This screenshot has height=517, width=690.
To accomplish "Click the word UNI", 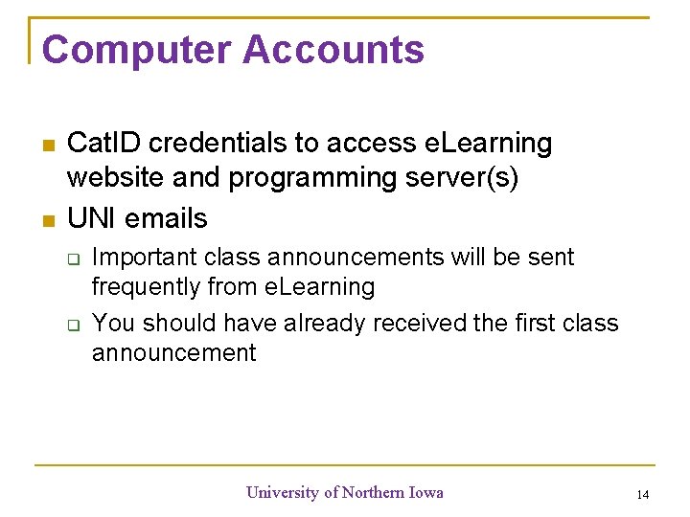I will click(92, 218).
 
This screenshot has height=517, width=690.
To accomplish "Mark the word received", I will click(419, 324).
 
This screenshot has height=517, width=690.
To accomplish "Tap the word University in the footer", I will click(283, 492).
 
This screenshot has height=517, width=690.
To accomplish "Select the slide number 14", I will click(642, 495).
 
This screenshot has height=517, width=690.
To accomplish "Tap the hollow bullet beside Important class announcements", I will click(72, 258).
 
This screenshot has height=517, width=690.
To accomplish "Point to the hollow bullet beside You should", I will click(72, 325).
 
